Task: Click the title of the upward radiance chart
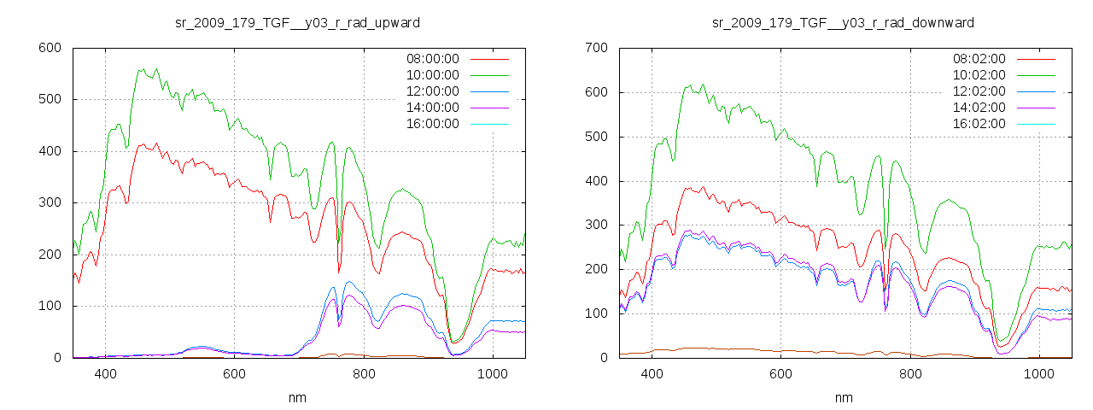(297, 22)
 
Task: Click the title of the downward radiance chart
(843, 22)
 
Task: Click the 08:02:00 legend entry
(979, 59)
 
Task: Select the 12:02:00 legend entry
(979, 91)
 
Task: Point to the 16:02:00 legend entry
(979, 124)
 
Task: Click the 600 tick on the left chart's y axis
(48, 48)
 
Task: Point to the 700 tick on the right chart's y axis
(595, 48)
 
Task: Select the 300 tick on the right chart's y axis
(595, 225)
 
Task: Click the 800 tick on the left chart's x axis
(364, 373)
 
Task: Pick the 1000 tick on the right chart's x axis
(1038, 373)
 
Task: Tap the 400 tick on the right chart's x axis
(652, 373)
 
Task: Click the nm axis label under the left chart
(297, 397)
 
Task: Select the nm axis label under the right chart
(844, 397)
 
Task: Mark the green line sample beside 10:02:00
(1036, 75)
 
